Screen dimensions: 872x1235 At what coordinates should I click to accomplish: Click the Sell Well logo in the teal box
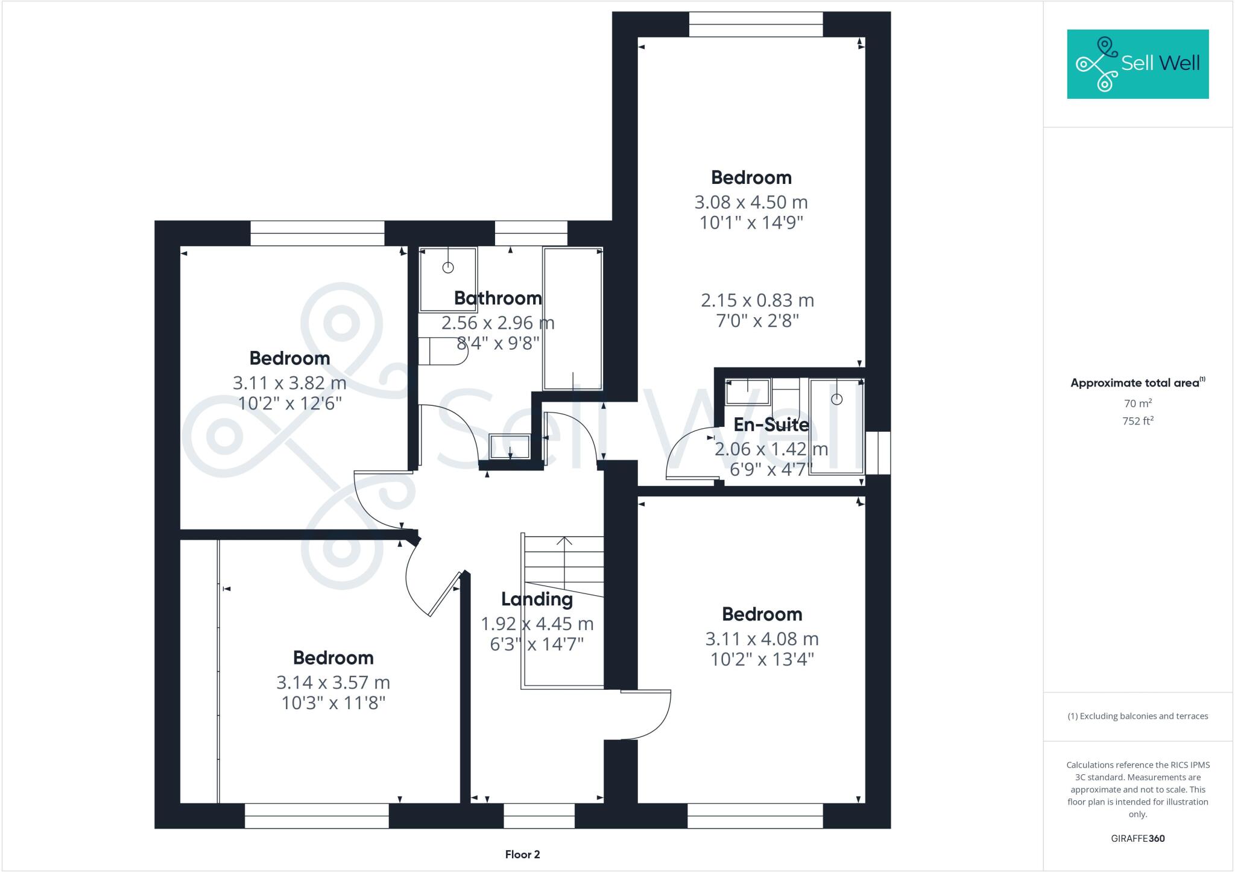click(x=1137, y=63)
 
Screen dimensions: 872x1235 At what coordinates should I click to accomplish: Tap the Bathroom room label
click(x=497, y=298)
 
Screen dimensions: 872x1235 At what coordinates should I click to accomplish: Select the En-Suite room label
click(x=771, y=425)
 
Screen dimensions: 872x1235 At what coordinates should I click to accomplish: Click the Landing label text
click(x=537, y=599)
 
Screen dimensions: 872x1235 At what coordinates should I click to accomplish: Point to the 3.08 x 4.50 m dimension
click(x=751, y=202)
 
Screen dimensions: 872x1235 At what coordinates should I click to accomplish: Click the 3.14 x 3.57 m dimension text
click(x=333, y=682)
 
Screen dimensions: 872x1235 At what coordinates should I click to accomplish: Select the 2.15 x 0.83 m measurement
click(x=757, y=300)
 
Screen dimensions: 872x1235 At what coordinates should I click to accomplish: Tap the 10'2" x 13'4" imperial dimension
click(x=762, y=659)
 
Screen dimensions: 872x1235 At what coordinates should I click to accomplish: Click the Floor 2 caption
click(x=522, y=854)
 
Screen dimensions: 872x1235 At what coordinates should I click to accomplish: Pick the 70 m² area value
click(x=1137, y=403)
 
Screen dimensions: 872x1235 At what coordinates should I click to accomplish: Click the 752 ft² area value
click(x=1137, y=421)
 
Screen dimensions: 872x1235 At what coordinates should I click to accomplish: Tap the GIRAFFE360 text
click(x=1137, y=838)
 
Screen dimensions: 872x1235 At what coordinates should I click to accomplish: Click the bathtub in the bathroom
click(x=572, y=318)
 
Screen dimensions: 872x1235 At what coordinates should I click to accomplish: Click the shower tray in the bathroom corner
click(x=448, y=279)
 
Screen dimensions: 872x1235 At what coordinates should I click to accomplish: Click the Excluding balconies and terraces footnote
click(x=1137, y=716)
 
